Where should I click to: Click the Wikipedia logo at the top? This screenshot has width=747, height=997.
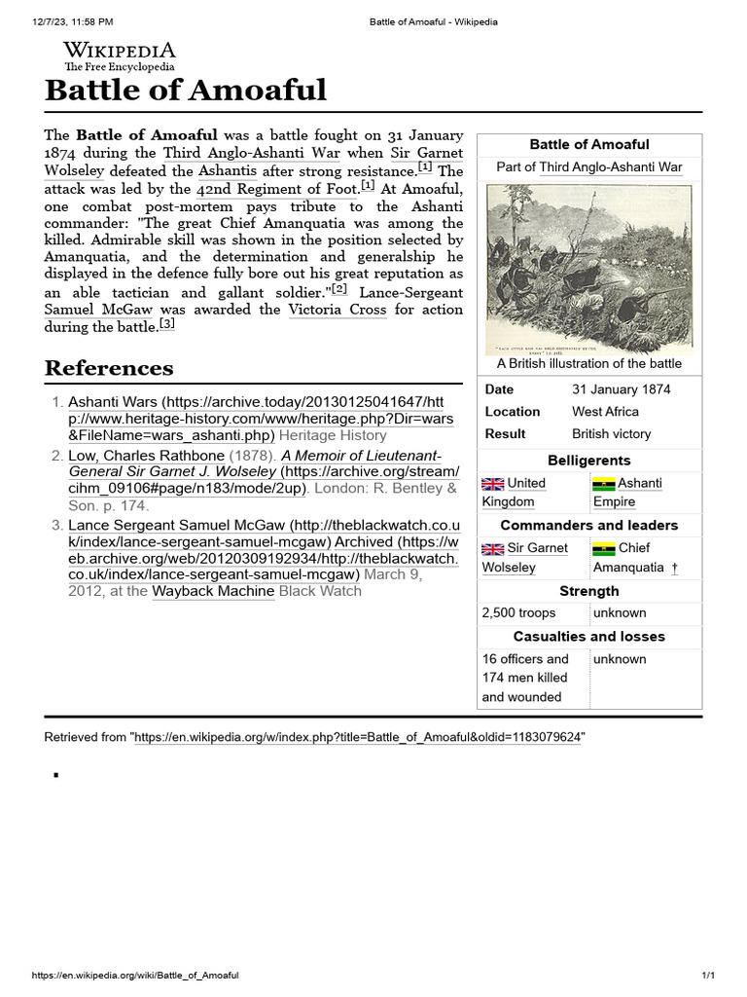(119, 55)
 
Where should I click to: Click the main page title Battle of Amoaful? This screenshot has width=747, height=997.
(186, 91)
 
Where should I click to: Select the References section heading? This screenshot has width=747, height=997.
(109, 368)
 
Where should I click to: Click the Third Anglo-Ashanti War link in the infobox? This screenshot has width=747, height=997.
(610, 167)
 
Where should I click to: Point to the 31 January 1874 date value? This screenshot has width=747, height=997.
(621, 389)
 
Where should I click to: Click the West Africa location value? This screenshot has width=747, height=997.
(605, 412)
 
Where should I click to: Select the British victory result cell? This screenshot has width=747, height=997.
(611, 434)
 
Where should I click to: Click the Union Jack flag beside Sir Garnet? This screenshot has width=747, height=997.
(492, 549)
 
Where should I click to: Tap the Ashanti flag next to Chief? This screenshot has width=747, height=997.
(603, 549)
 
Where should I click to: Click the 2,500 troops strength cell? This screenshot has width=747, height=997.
(519, 613)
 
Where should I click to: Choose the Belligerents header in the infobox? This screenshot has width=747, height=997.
(588, 461)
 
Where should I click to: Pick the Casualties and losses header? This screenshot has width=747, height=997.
(588, 637)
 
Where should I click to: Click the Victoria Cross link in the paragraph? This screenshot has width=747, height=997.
(337, 310)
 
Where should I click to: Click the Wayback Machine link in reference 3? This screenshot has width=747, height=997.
(213, 591)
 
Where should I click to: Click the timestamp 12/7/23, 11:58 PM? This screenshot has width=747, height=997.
(65, 21)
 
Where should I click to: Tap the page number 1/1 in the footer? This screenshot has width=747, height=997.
(708, 976)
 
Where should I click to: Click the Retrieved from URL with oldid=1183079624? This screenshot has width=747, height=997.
(357, 738)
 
